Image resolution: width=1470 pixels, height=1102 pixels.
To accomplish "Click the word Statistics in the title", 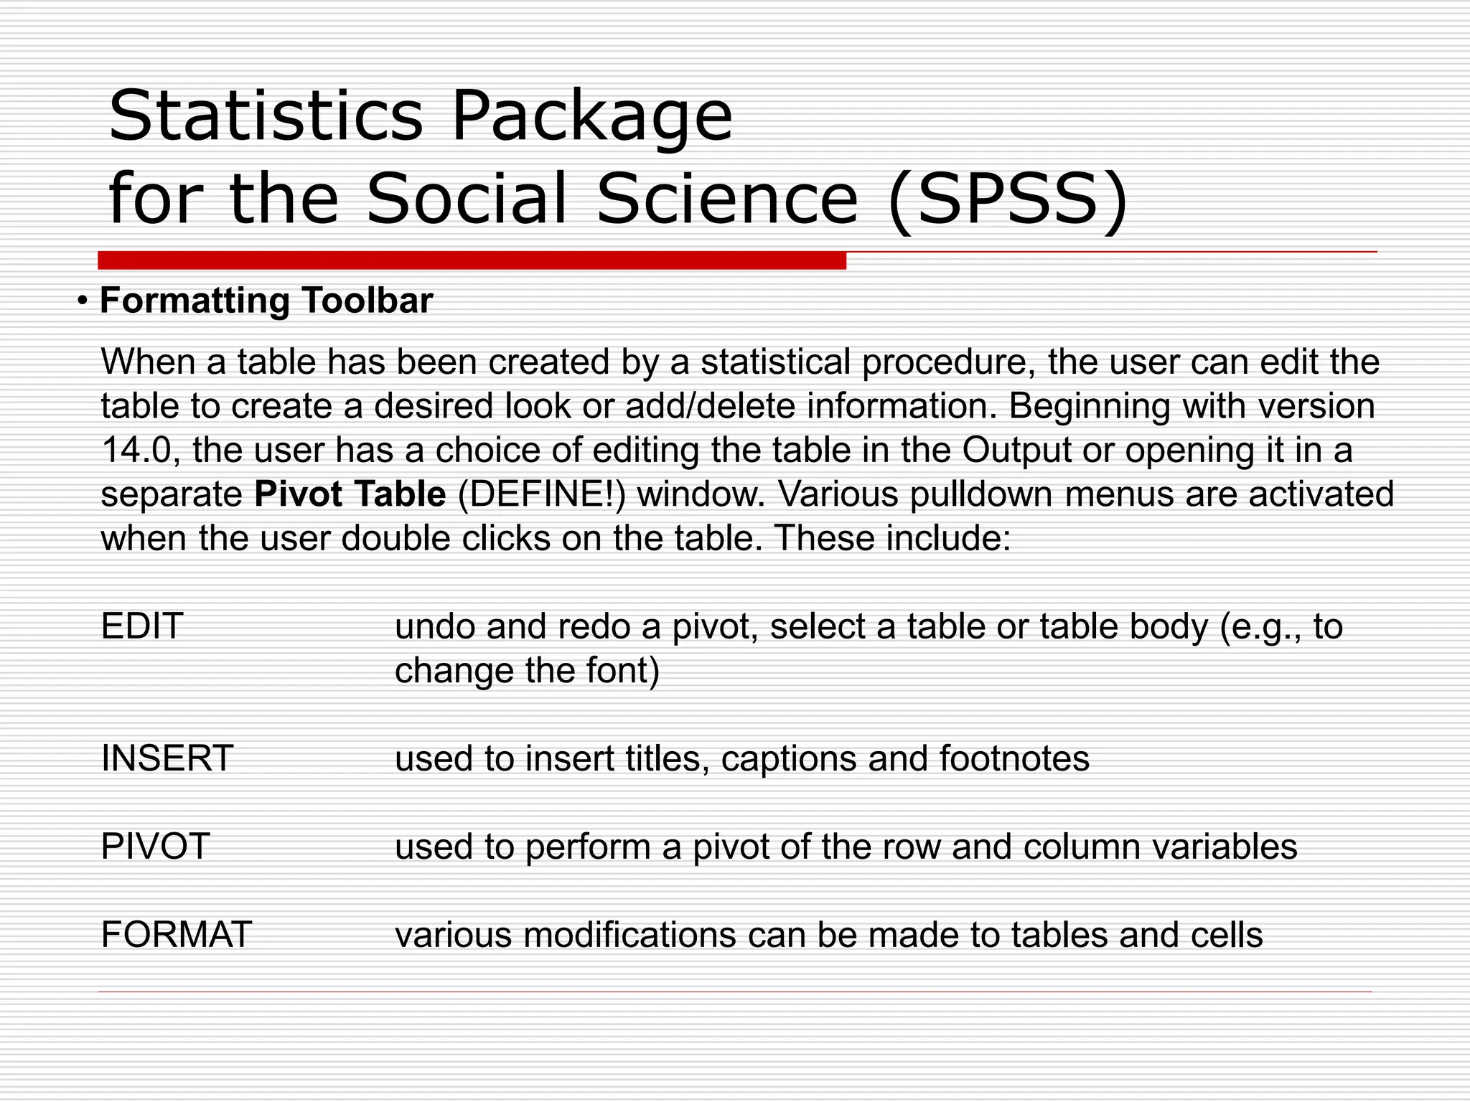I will coord(266,116).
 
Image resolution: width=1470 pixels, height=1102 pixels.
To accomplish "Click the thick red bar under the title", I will coord(472,260).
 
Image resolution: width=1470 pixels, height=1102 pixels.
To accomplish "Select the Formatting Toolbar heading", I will coord(266,301).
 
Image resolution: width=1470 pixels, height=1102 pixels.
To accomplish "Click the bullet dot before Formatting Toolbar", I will coord(84,301).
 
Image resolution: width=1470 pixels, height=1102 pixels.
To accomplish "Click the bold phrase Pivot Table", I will coord(350,494).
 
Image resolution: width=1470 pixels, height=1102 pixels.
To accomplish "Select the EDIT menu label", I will coord(142,626).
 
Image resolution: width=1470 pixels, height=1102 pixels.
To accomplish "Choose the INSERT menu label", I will coord(167,758).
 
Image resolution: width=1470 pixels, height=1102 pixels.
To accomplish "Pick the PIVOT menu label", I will coord(155,847).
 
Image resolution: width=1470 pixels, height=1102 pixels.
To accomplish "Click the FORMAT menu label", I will coord(176,935).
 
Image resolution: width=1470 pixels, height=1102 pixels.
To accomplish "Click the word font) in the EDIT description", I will coord(622,671).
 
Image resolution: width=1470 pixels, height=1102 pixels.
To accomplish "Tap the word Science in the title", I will coord(726,199).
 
